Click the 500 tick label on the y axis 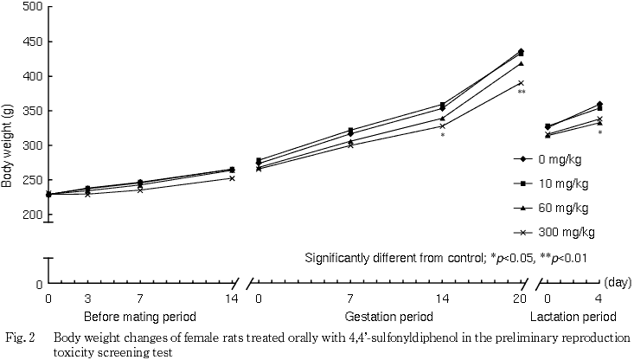(32, 7)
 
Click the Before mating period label (139, 316)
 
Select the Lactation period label (573, 316)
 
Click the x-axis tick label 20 (519, 299)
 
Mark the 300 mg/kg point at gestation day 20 (521, 83)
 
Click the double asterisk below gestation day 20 (522, 93)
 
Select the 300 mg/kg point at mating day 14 (231, 178)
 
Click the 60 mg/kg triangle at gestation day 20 (521, 63)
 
